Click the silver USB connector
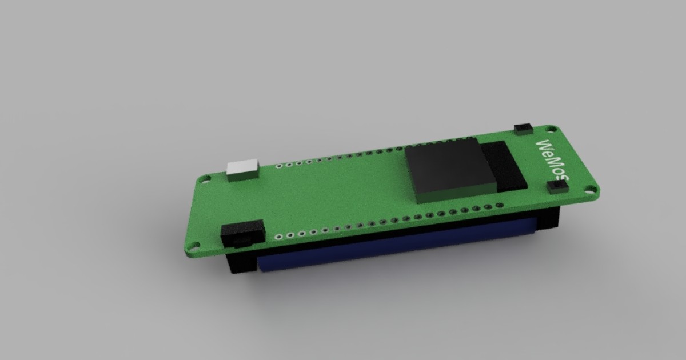coord(243,170)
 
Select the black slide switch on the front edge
coord(242,234)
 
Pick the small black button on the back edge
coord(523,129)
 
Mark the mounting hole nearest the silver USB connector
coord(204,179)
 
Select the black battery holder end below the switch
coord(240,263)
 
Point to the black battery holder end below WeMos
coord(548,220)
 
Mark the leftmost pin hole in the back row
coord(278,167)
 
